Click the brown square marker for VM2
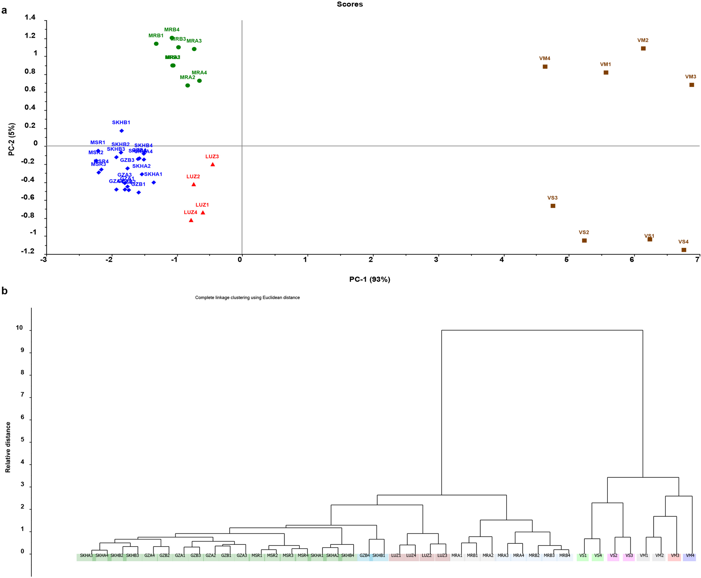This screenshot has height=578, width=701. (x=643, y=49)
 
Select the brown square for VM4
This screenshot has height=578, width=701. (x=545, y=67)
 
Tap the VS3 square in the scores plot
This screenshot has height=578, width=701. (x=553, y=206)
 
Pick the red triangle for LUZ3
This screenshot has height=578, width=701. (x=213, y=164)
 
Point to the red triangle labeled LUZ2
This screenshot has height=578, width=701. (x=194, y=184)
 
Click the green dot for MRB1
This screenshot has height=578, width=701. (x=156, y=44)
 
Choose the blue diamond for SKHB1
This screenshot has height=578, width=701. (x=121, y=131)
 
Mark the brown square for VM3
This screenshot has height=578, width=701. (x=692, y=85)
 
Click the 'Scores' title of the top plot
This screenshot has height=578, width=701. (x=350, y=5)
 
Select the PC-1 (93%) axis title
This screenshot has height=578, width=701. (x=370, y=279)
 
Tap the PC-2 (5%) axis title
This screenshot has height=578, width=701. (x=12, y=139)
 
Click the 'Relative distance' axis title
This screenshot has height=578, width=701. (x=8, y=447)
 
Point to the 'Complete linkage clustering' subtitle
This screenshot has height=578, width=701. (x=247, y=298)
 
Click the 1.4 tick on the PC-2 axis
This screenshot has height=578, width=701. (x=30, y=17)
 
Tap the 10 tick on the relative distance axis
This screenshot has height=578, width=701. (x=19, y=328)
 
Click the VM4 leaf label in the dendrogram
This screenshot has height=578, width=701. (x=690, y=556)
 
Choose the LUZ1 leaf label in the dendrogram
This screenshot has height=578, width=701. (x=396, y=556)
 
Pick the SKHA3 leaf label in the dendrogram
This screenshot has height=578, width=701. (x=86, y=556)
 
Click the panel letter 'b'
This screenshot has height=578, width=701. (x=5, y=291)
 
